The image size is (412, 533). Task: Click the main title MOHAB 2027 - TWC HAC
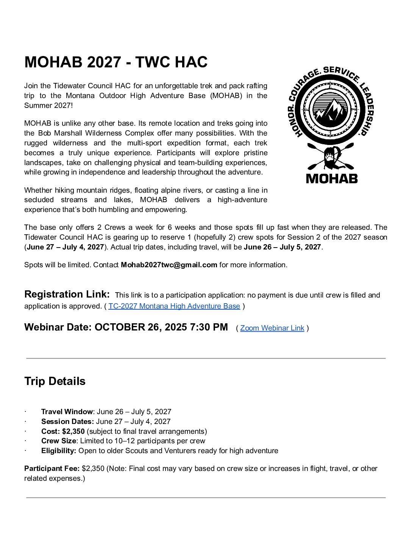click(116, 62)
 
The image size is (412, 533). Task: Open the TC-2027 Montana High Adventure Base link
click(174, 306)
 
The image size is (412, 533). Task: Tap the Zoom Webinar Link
click(272, 328)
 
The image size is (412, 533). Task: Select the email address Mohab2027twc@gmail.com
click(169, 265)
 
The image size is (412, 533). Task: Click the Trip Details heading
click(55, 381)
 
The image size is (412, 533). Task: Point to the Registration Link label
click(67, 294)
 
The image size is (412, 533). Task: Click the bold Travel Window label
click(67, 411)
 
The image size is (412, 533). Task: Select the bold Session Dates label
click(67, 421)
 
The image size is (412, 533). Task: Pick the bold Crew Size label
click(59, 441)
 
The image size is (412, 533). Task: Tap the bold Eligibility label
click(59, 450)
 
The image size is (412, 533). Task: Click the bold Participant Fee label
click(52, 468)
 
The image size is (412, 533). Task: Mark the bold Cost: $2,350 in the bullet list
click(63, 431)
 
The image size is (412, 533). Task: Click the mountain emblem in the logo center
click(331, 111)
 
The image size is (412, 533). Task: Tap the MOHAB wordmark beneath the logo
click(332, 178)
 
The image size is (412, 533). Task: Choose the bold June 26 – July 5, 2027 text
click(282, 247)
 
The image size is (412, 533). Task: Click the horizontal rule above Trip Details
click(206, 358)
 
